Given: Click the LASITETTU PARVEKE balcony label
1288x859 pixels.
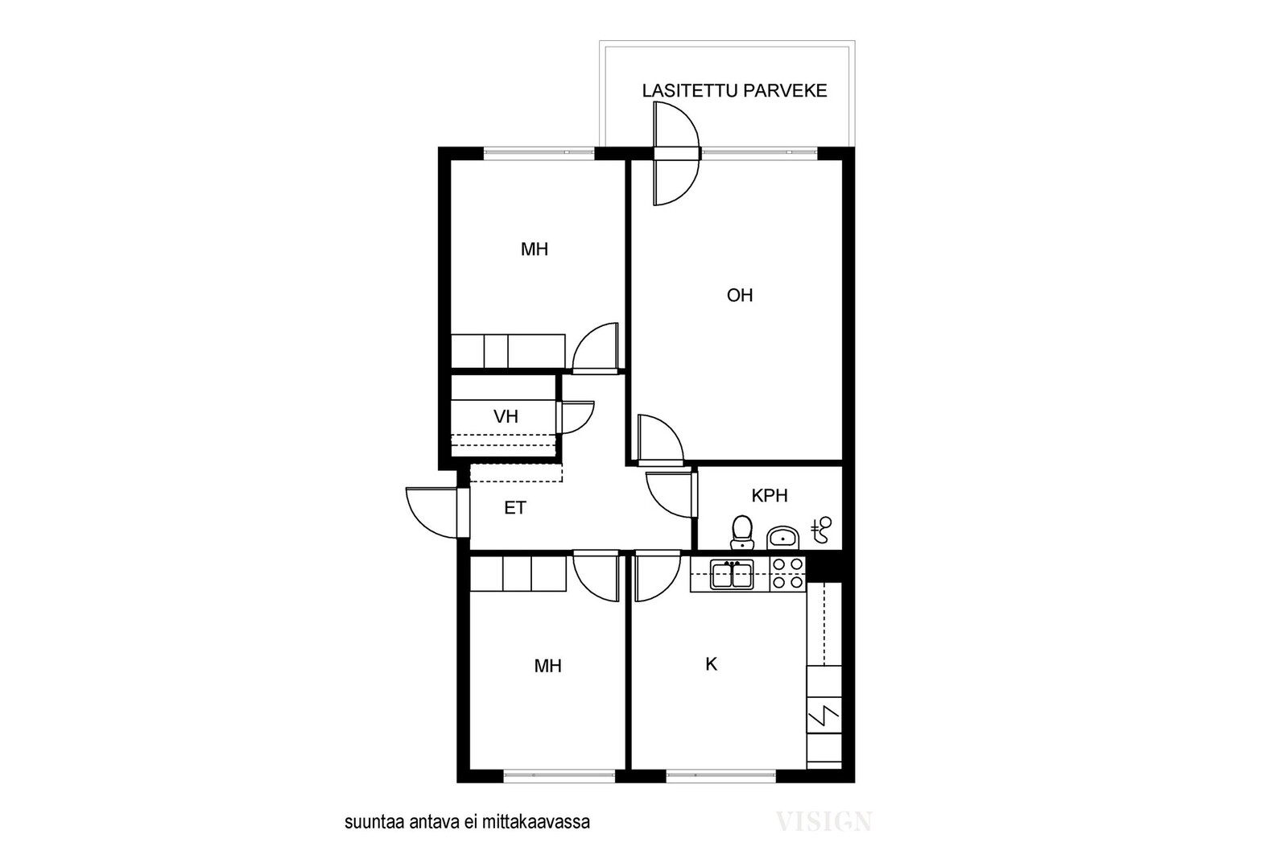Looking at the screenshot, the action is point(734,91).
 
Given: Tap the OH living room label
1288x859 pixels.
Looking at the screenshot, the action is point(740,295).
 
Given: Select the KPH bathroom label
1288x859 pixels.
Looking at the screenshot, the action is point(770,496).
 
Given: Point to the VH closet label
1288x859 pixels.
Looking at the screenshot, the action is point(506,416).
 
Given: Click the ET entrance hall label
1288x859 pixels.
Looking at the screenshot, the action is point(514,508).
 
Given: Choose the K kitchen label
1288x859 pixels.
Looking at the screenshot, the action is point(712,665).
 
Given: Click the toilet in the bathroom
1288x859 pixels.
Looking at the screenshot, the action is point(741,532).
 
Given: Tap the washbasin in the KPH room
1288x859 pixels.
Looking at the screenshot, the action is point(782,538).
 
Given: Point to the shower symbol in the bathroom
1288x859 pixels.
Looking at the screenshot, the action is point(821,530).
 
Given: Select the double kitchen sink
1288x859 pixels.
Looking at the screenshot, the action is point(732,574).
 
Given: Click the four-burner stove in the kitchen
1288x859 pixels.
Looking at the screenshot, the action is point(788,574).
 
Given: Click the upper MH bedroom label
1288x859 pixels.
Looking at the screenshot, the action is point(535,250).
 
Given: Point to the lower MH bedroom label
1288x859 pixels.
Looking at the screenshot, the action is point(547,667).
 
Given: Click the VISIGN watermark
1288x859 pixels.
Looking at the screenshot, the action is point(824,822).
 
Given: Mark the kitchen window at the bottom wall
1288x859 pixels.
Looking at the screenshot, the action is point(721,775).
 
